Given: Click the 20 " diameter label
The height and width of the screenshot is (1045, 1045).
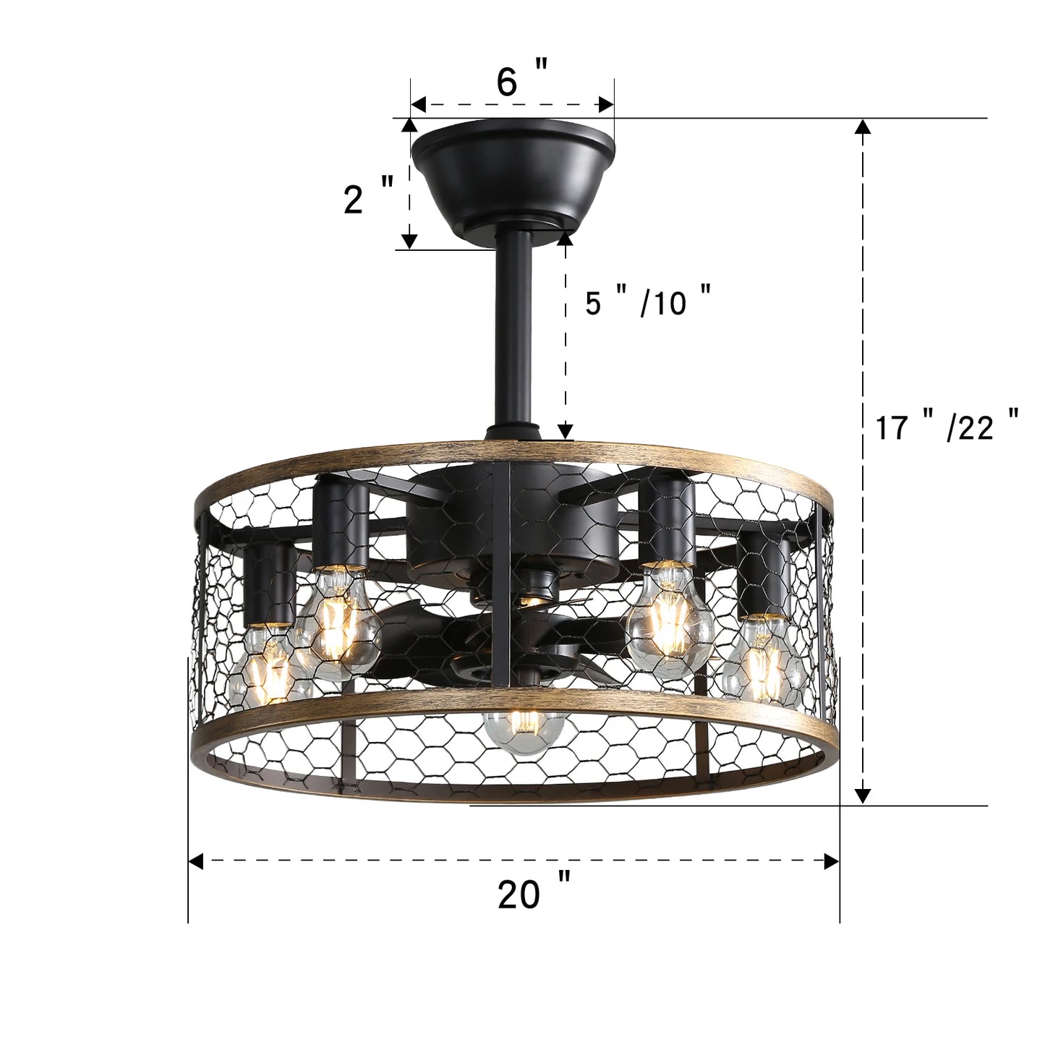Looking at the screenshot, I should point(534,895).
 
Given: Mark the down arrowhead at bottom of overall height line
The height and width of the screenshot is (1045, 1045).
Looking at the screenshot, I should point(862,796).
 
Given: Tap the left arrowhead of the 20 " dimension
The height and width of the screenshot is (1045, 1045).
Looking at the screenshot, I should point(196,861).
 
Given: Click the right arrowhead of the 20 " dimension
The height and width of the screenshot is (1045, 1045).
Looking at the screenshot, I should point(832,861).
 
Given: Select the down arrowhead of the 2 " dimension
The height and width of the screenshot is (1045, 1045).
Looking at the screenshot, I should point(409,241).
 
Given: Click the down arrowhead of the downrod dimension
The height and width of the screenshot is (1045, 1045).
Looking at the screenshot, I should point(566,430).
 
